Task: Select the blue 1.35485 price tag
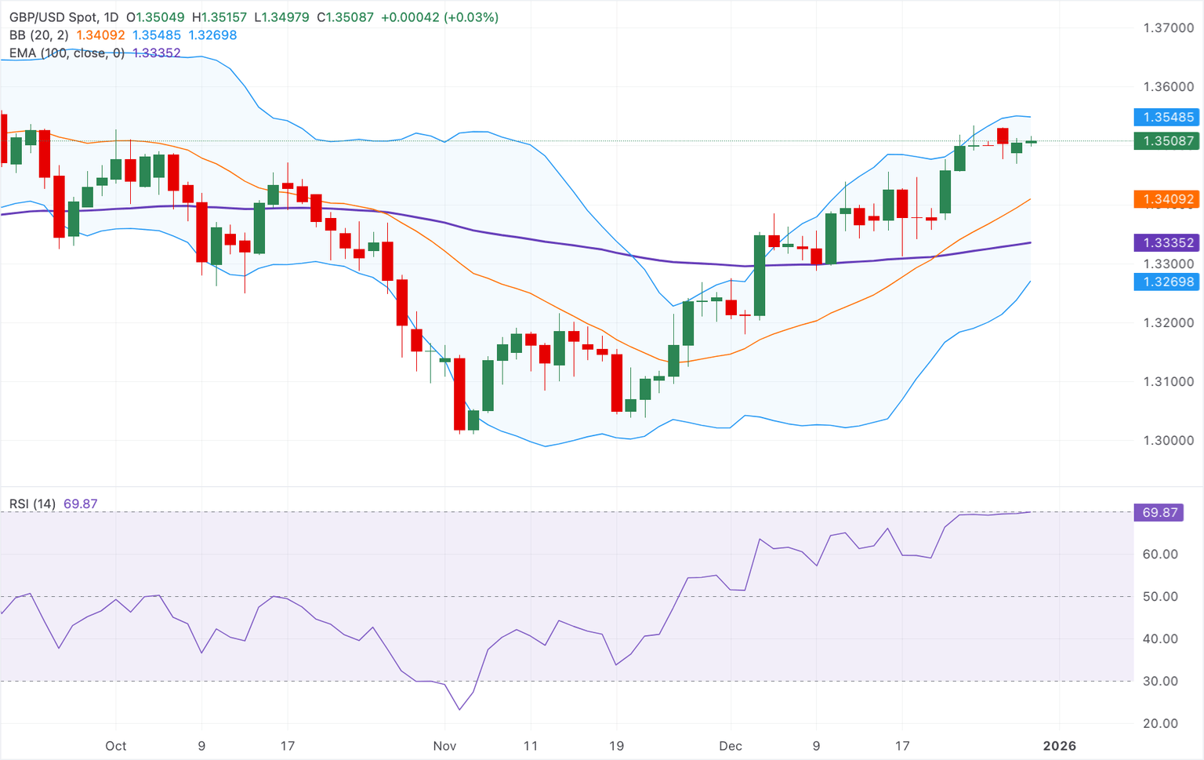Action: pos(1167,118)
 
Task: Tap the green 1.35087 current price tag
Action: pos(1167,141)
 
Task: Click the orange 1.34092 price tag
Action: pos(1167,199)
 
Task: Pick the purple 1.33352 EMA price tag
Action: pos(1167,243)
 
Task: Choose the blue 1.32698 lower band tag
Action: pos(1167,282)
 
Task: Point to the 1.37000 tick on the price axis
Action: pos(1168,28)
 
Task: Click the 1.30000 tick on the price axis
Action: pos(1168,441)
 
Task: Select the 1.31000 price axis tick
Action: pos(1168,382)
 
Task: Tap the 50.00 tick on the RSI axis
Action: pos(1160,597)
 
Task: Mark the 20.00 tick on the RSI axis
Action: pos(1160,724)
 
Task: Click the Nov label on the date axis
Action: pos(444,746)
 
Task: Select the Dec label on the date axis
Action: pos(731,746)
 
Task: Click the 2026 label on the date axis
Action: pos(1060,746)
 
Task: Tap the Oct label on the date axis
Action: pos(116,746)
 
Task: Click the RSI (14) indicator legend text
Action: pos(32,504)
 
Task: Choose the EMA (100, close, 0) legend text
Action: pos(67,53)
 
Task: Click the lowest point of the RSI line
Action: pos(459,710)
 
